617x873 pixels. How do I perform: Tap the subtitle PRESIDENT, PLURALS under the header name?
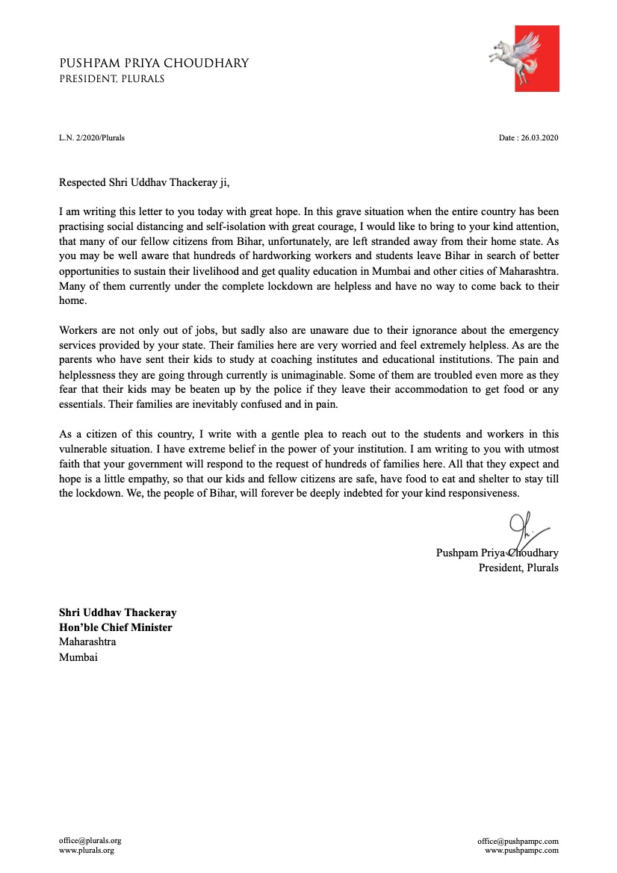pyautogui.click(x=112, y=78)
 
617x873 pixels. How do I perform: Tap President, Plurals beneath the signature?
pyautogui.click(x=518, y=568)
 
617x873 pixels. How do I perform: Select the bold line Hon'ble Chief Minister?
pyautogui.click(x=116, y=627)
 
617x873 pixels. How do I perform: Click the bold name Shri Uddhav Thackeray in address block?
pyautogui.click(x=118, y=612)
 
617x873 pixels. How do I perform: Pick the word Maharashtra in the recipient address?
pyautogui.click(x=87, y=641)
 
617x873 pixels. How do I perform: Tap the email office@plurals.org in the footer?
pyautogui.click(x=90, y=840)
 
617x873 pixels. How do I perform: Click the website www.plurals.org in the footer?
pyautogui.click(x=87, y=850)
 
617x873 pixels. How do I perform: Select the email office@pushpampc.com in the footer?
pyautogui.click(x=518, y=840)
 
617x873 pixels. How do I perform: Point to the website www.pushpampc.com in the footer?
pyautogui.click(x=521, y=850)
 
